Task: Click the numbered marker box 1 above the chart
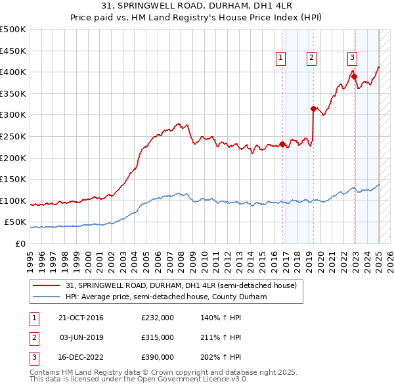coord(280,58)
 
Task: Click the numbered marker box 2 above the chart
coord(311,58)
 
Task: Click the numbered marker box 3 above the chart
coord(352,58)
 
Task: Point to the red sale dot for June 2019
coord(313,109)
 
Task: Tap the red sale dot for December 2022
coord(354,76)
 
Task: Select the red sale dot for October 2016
coord(283,144)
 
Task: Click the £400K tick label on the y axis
coord(12,72)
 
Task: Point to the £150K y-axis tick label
coord(12,179)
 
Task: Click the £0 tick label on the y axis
coord(20,243)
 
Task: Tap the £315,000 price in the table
coord(157,337)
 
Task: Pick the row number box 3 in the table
coord(33,357)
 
